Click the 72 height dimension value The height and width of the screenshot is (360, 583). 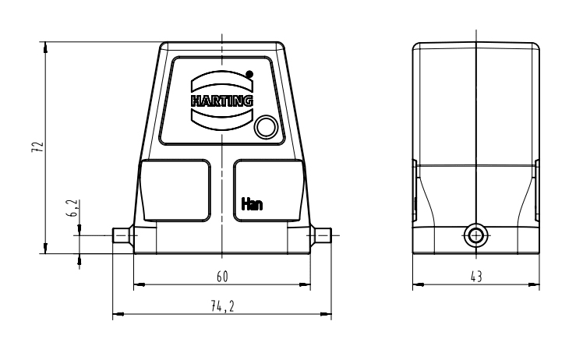pos(37,146)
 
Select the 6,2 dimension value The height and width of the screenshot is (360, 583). pos(73,208)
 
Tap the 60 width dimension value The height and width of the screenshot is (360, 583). pos(222,277)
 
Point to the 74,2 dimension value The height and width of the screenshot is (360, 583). pos(222,306)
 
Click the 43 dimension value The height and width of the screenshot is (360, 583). pos(476,277)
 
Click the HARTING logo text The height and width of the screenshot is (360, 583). pos(222,101)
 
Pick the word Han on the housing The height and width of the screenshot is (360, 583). pos(252,204)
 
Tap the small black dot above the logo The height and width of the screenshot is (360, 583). pos(249,74)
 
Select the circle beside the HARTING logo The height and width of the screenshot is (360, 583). pos(266,127)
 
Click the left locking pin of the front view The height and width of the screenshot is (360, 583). pos(122,235)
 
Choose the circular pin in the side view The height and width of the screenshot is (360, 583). pos(475,235)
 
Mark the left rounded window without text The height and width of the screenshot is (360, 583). pos(175,190)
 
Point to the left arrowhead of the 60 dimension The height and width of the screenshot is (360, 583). pos(139,284)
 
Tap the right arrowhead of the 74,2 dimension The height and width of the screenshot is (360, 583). pos(326,314)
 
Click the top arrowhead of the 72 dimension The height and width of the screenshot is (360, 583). pos(45,47)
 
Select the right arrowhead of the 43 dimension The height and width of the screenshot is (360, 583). pos(534,285)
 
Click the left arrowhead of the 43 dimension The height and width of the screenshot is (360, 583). pos(419,285)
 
